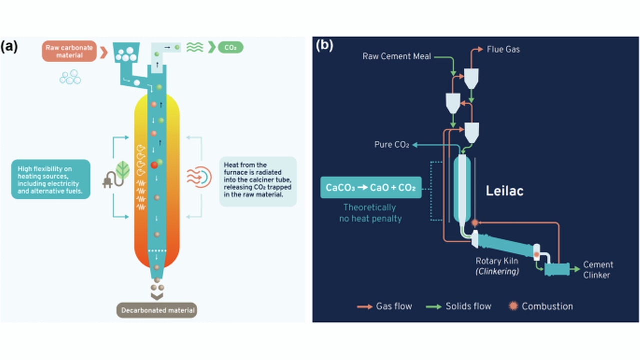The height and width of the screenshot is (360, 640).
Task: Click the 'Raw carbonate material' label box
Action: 69,52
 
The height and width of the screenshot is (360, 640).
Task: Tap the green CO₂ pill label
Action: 230,48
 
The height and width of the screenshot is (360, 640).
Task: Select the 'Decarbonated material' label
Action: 157,310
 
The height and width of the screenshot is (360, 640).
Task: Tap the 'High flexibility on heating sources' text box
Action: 51,179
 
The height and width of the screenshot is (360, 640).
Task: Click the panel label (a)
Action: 9,46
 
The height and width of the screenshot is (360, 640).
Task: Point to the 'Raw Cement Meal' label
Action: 397,56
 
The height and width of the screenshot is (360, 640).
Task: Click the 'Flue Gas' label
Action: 503,49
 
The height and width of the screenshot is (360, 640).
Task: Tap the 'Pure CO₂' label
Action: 392,145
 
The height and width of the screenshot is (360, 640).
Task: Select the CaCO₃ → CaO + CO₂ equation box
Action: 371,188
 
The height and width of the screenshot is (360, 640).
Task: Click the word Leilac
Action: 505,191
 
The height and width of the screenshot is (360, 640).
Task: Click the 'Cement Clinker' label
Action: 598,270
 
